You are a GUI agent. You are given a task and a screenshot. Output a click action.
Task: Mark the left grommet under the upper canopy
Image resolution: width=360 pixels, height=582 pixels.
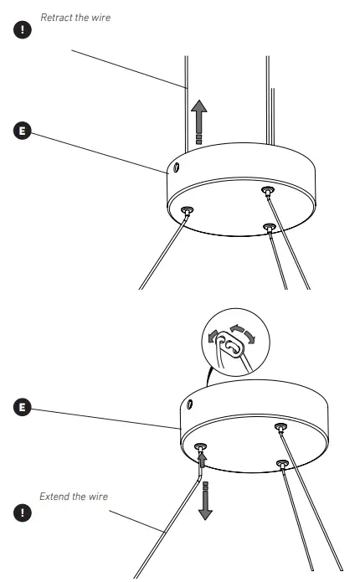coord(185,210)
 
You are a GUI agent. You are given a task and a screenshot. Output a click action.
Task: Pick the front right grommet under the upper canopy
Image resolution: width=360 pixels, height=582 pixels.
coord(269,226)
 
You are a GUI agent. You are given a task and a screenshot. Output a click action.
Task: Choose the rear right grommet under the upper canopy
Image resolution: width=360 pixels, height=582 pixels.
coord(266,192)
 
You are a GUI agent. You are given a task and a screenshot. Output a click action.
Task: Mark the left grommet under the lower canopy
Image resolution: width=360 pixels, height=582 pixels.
coord(200,447)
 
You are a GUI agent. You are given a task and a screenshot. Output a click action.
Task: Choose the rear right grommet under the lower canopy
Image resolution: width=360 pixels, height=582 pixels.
coord(280,428)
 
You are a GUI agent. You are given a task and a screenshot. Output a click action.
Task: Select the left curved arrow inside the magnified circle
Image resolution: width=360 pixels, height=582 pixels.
coord(214,335)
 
